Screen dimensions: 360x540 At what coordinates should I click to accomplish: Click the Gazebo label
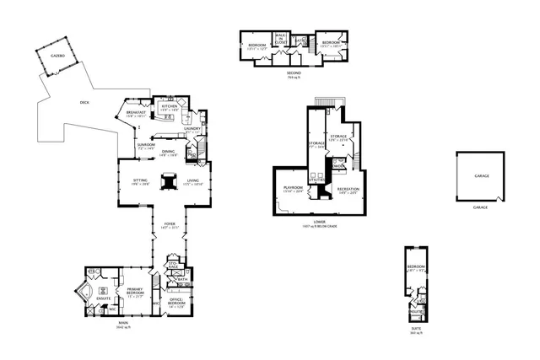pos(57,55)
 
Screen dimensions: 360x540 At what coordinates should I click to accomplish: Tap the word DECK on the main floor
pos(84,102)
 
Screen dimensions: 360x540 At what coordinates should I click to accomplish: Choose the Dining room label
pos(168,153)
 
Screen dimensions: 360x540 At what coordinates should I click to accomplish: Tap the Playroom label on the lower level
pos(292,190)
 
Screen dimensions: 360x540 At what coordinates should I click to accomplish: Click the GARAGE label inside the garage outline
pos(480,177)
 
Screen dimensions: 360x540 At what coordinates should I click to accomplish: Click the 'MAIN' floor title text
pos(123,323)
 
